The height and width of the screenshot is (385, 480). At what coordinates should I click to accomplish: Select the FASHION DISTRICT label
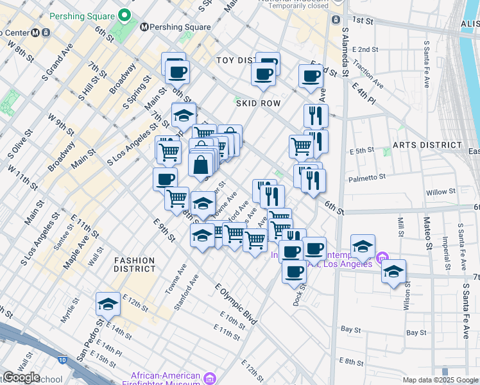pyautogui.click(x=135, y=264)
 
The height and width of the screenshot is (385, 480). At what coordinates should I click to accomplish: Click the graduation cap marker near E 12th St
pyautogui.click(x=108, y=304)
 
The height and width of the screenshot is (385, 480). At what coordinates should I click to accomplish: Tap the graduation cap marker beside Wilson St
pyautogui.click(x=393, y=272)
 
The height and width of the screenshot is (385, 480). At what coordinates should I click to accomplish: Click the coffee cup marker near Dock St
pyautogui.click(x=294, y=272)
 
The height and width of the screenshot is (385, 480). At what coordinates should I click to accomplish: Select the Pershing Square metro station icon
pyautogui.click(x=144, y=28)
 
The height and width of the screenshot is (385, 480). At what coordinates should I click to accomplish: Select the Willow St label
pyautogui.click(x=440, y=192)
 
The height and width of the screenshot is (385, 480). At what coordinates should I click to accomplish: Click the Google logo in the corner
pyautogui.click(x=21, y=377)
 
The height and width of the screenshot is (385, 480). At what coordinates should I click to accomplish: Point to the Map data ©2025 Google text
pyautogui.click(x=440, y=380)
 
